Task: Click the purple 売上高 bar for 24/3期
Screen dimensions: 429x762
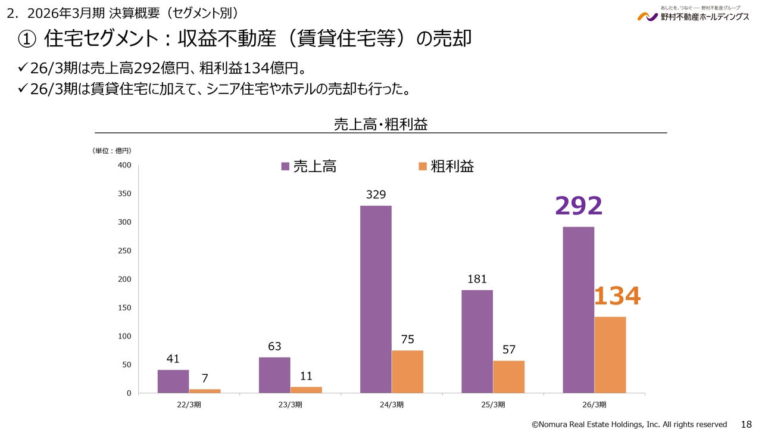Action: pyautogui.click(x=376, y=299)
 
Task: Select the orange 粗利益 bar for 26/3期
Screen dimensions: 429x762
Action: pyautogui.click(x=610, y=355)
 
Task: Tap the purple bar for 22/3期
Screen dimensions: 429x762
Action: pyautogui.click(x=173, y=381)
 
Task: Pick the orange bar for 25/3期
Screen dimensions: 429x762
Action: pyautogui.click(x=508, y=377)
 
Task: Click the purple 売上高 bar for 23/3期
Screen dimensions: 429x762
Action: pyautogui.click(x=274, y=375)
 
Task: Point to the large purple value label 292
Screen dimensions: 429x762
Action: pyautogui.click(x=579, y=206)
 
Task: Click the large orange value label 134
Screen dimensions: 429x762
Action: pyautogui.click(x=617, y=297)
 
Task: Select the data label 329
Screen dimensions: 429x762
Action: pyautogui.click(x=376, y=194)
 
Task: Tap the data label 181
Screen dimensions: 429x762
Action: pyautogui.click(x=477, y=279)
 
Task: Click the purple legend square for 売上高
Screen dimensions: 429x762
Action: pyautogui.click(x=285, y=166)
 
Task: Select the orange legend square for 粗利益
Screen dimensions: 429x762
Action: pyautogui.click(x=423, y=166)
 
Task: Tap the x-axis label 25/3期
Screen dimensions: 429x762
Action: pyautogui.click(x=493, y=405)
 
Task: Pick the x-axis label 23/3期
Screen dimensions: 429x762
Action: pyautogui.click(x=291, y=405)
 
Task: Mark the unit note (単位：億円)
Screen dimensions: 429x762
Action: pyautogui.click(x=112, y=151)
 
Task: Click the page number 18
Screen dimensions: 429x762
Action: pyautogui.click(x=745, y=424)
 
